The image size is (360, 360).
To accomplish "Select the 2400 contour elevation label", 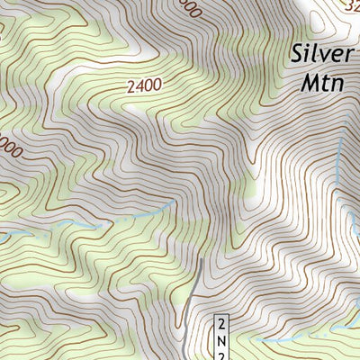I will click(144, 86).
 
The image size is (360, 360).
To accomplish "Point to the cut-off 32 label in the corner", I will click(351, 6).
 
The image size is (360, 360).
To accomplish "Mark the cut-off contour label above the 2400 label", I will click(186, 5).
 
